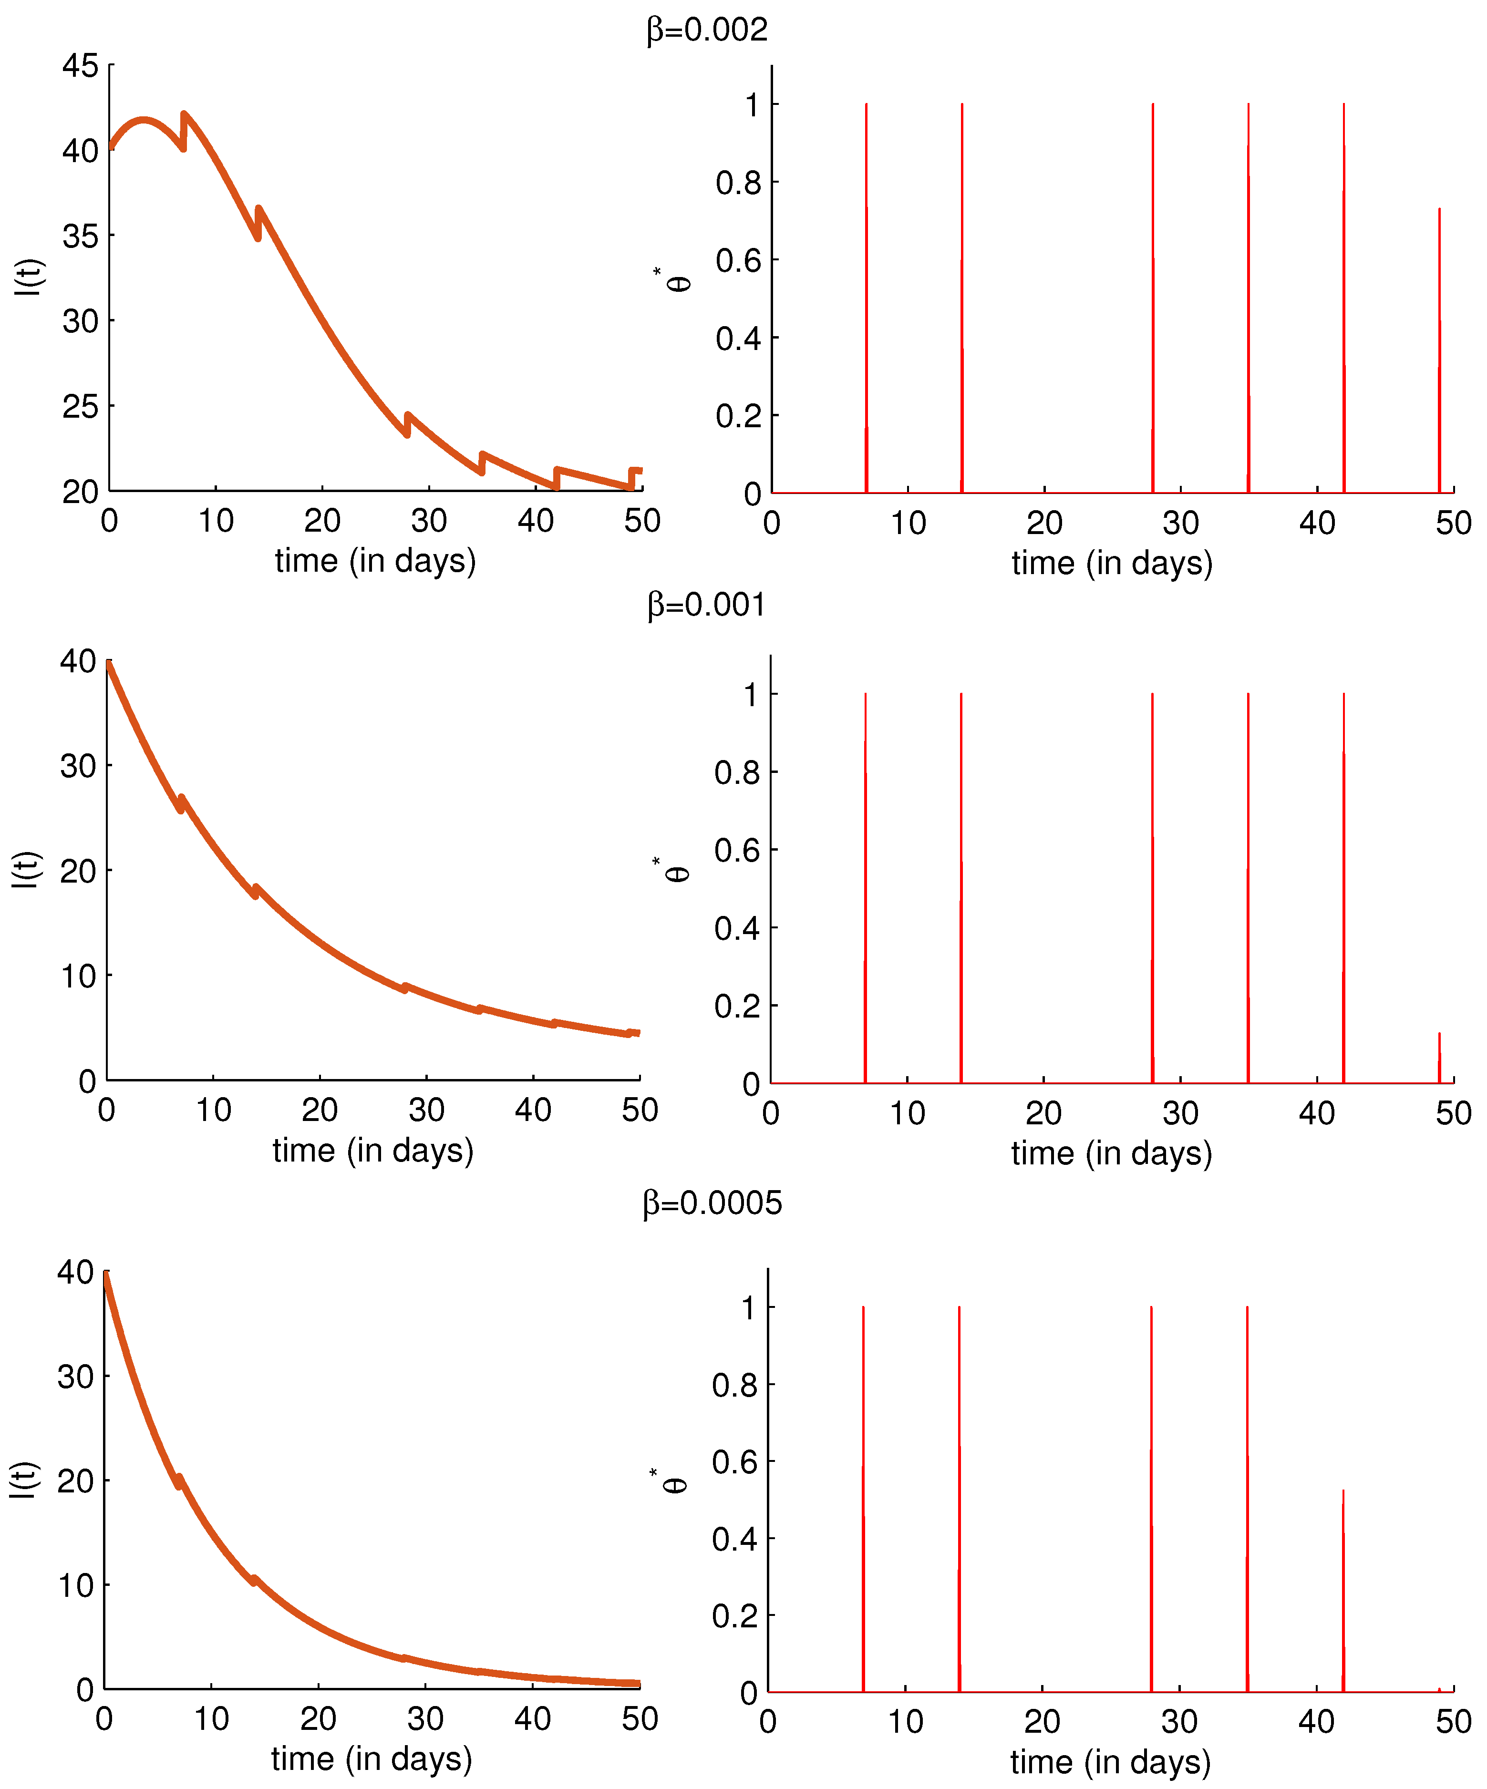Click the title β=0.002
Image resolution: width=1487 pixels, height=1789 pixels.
point(706,31)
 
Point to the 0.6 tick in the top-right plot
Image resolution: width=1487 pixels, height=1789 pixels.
point(738,261)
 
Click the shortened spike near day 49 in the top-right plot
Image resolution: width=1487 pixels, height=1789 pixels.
point(1439,341)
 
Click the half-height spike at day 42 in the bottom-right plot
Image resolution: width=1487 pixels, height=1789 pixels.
point(1343,1584)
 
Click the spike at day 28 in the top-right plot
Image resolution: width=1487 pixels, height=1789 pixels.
point(1153,298)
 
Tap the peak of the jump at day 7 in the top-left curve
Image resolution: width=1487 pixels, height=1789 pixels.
point(184,115)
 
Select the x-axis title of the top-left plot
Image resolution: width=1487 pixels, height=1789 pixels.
point(375,561)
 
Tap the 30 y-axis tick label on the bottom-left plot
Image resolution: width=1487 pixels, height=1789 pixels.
point(75,1377)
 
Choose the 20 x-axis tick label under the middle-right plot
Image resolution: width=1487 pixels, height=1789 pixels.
point(1043,1112)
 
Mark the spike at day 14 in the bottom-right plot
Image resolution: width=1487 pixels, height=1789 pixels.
point(959,1491)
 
